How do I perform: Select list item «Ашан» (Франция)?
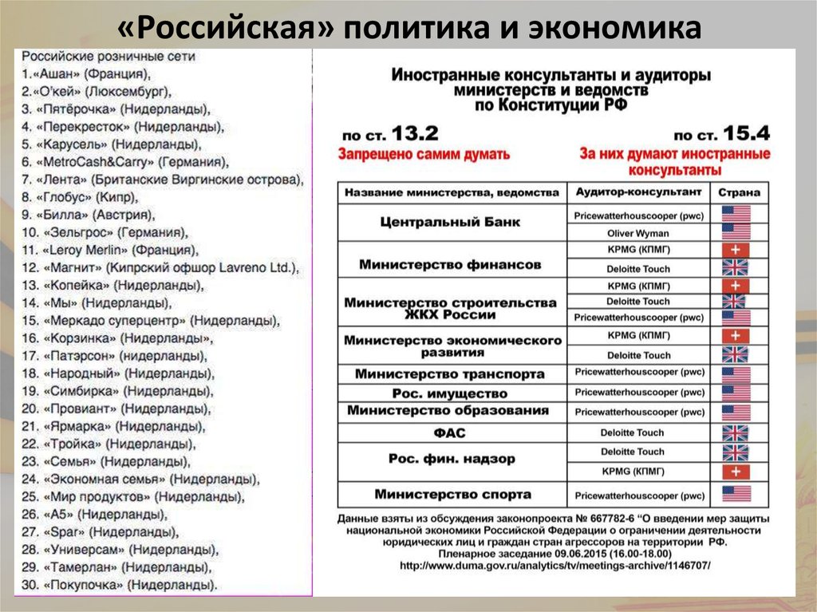click(x=88, y=74)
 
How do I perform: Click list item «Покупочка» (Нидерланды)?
click(x=120, y=586)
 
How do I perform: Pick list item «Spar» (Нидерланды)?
click(x=95, y=532)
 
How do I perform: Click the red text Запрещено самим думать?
click(x=424, y=154)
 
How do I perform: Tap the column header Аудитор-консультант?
click(x=637, y=192)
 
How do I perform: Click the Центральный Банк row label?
click(x=451, y=223)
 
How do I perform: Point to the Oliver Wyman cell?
click(x=637, y=233)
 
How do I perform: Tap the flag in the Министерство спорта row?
click(x=736, y=494)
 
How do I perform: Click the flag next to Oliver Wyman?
click(x=736, y=233)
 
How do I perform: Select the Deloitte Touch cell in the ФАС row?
click(x=637, y=433)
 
